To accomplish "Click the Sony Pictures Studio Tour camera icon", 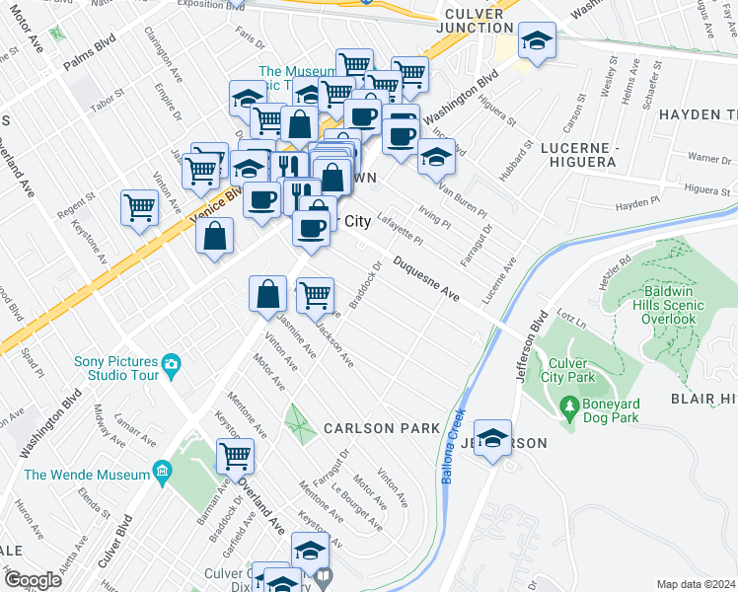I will tap(172, 365).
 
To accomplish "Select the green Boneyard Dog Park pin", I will tap(568, 406).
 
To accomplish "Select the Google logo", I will tap(33, 580).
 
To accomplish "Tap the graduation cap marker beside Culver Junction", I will tap(536, 42).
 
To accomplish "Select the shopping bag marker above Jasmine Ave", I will tap(267, 294).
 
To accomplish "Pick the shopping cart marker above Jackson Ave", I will tap(315, 294).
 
